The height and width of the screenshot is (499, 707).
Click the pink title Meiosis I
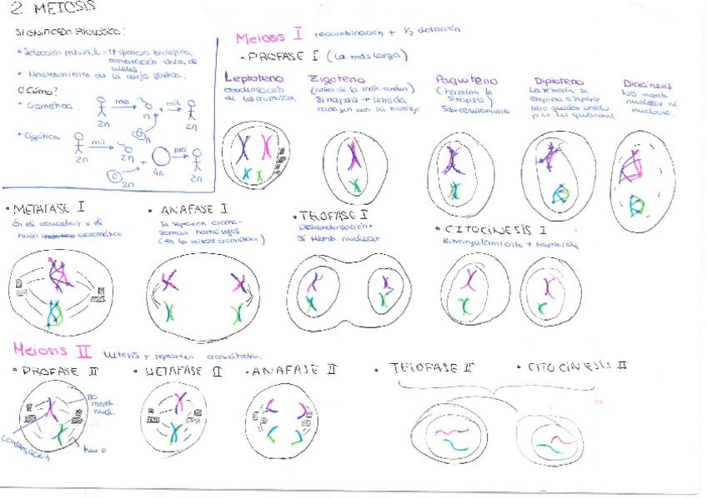click(x=268, y=37)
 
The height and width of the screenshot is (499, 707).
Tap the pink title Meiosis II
click(x=52, y=350)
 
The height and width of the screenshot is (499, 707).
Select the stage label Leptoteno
click(x=254, y=78)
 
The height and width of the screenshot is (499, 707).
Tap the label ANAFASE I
click(x=190, y=210)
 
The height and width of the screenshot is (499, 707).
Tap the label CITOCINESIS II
click(x=577, y=367)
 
